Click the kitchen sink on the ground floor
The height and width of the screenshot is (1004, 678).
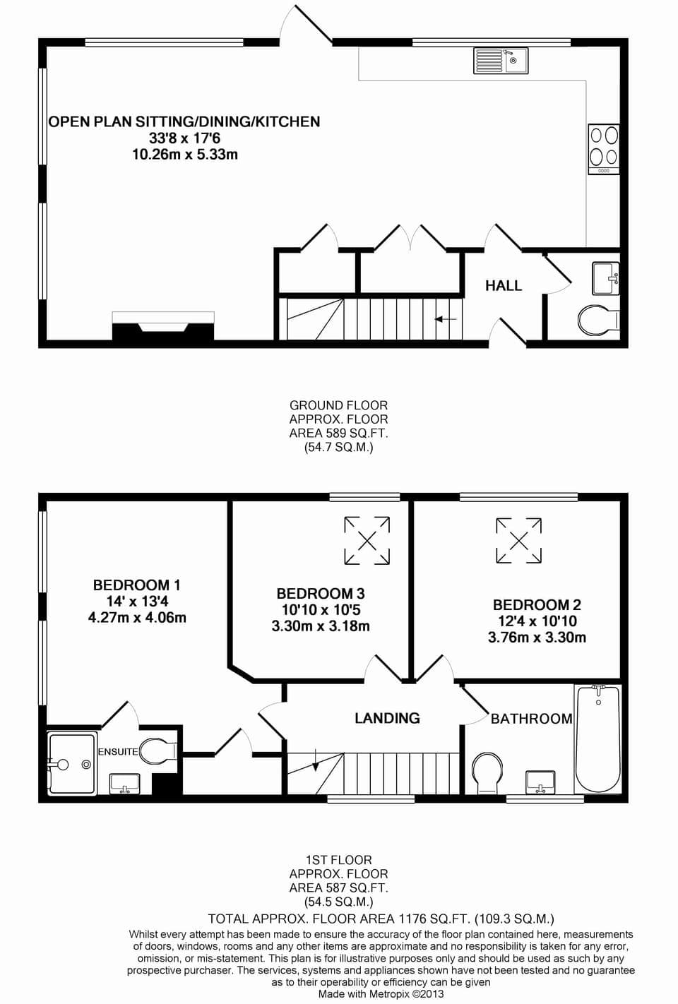point(500,61)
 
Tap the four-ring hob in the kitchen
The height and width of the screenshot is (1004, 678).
point(604,149)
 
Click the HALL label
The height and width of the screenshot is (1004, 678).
point(503,286)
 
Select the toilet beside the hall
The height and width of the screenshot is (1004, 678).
point(597,321)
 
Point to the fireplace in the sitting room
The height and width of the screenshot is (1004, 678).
point(163,328)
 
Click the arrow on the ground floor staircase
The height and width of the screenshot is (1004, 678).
point(446,320)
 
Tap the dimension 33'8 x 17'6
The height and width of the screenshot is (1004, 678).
point(184,138)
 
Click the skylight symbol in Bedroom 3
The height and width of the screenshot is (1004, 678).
point(367,541)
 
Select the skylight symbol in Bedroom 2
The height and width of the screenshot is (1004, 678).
point(519,541)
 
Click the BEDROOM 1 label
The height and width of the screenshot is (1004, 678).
point(136,585)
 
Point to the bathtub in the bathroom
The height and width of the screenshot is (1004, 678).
point(598,738)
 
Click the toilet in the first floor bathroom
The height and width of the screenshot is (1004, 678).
point(487,772)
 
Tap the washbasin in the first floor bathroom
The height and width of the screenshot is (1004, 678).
point(541,782)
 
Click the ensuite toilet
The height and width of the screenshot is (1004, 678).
point(157,751)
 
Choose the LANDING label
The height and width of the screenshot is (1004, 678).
point(387,719)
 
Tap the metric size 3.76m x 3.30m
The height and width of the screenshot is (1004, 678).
point(537,638)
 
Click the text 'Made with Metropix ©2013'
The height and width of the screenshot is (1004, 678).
point(381,994)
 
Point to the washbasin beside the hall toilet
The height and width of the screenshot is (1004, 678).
point(605,277)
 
